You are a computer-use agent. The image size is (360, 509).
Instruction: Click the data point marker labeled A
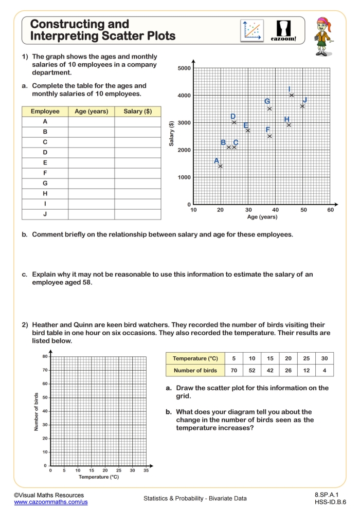(220, 166)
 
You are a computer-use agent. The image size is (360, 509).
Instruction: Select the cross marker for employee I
(292, 95)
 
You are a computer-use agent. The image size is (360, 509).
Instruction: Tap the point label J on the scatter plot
(305, 100)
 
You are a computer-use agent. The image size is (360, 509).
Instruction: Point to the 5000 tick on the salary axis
(184, 68)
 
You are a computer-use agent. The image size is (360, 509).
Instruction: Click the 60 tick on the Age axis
(330, 210)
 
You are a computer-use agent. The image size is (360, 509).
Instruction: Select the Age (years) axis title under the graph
(262, 217)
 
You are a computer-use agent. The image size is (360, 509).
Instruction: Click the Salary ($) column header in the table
(137, 112)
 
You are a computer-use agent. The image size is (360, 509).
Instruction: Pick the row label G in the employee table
(45, 183)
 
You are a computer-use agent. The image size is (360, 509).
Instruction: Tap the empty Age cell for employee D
(91, 152)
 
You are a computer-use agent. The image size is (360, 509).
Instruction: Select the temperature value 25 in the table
(306, 358)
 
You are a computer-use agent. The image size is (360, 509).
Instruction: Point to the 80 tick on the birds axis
(45, 356)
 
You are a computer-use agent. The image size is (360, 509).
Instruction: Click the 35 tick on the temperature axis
(146, 470)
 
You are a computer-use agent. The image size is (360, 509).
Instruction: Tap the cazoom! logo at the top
(284, 31)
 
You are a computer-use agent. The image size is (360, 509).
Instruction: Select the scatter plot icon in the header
(252, 31)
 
